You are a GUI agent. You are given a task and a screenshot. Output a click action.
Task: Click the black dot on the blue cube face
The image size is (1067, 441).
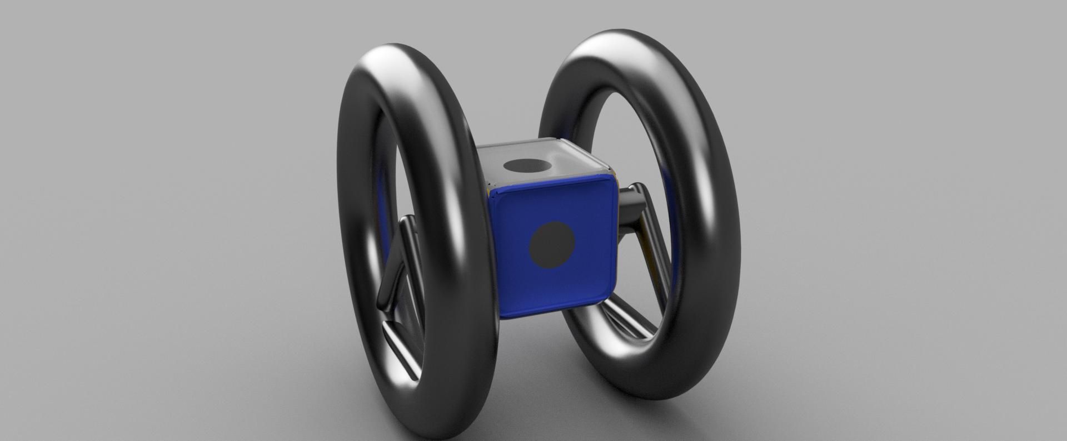(552, 245)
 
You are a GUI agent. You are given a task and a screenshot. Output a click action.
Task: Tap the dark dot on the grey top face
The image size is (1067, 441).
(525, 165)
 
